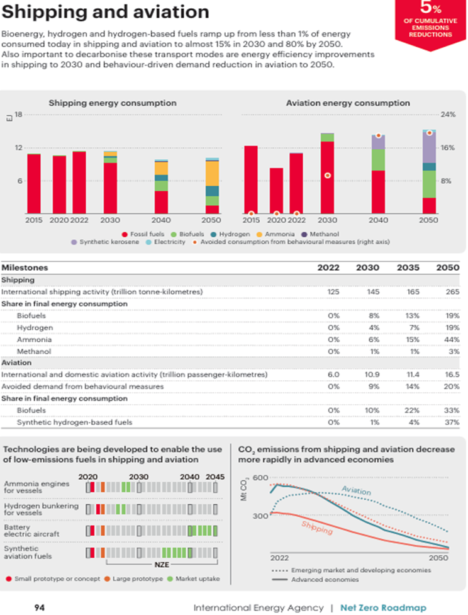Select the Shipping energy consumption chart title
113,103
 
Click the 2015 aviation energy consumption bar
251,179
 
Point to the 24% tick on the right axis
447,115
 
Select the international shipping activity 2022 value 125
334,291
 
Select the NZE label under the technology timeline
162,565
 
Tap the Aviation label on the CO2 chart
356,490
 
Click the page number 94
39,607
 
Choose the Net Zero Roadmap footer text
383,607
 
